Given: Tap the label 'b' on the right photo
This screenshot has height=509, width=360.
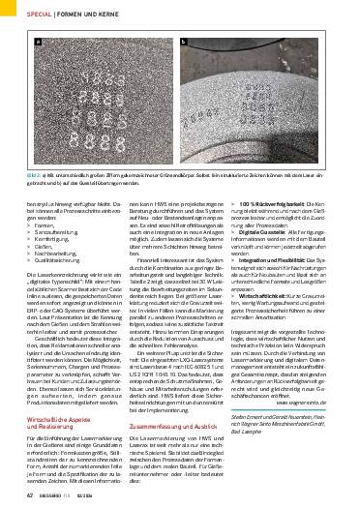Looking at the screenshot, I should point(183,43).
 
